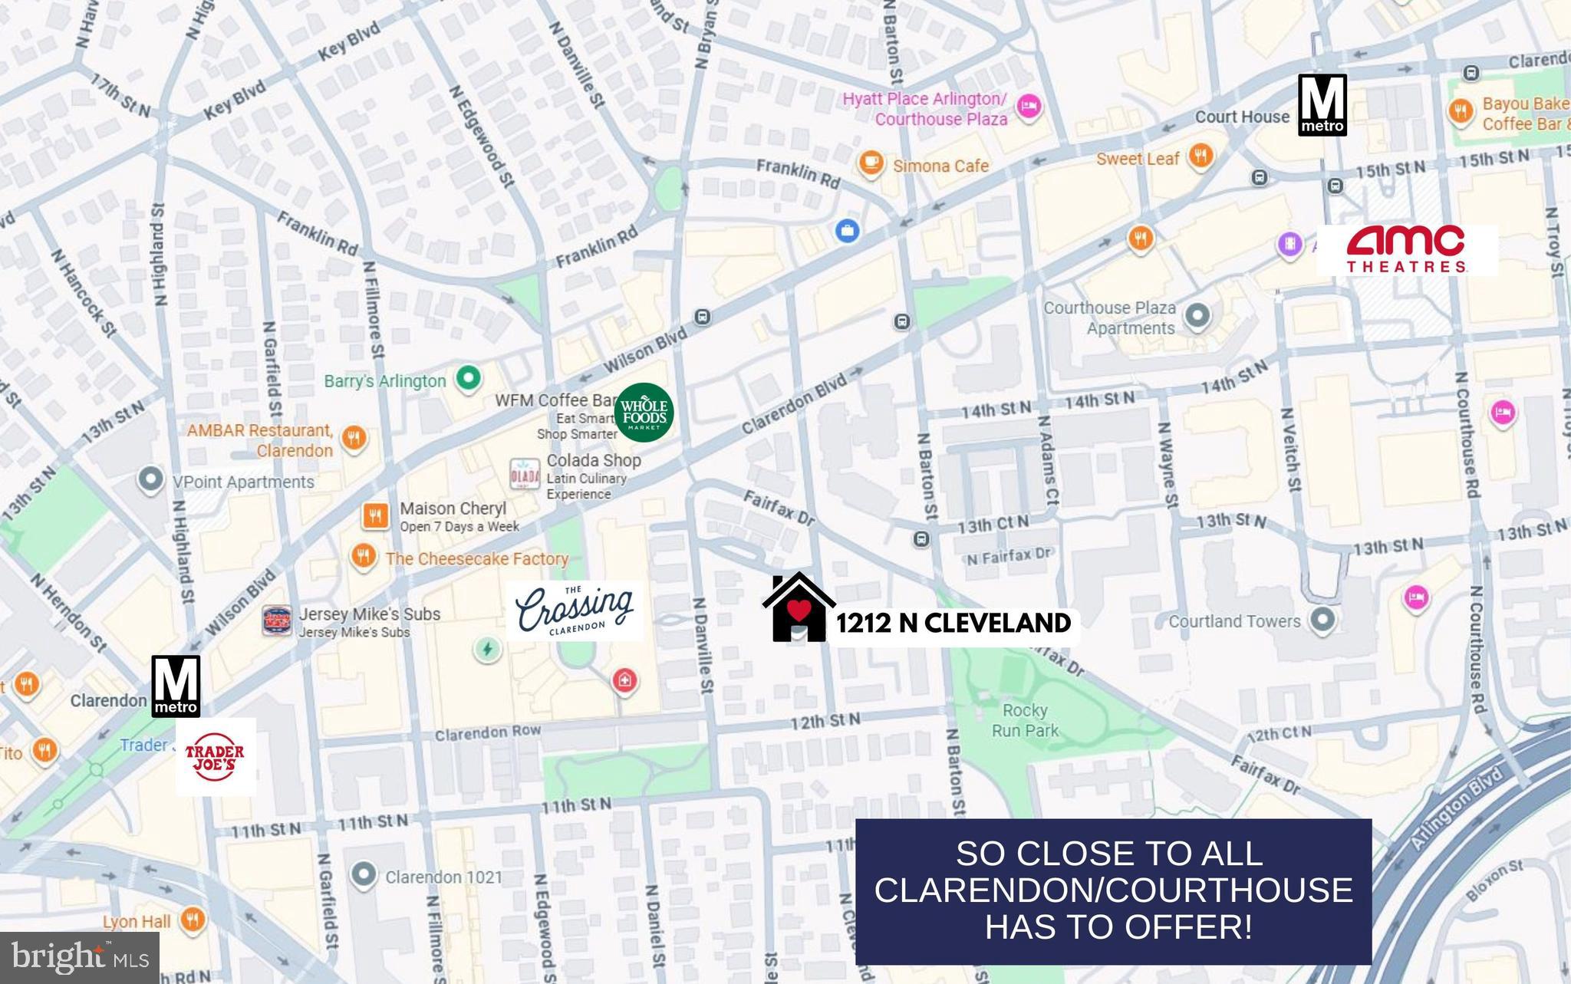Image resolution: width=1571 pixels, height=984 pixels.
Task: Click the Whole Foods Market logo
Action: click(644, 413)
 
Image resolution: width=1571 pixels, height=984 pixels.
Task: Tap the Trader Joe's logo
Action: click(216, 757)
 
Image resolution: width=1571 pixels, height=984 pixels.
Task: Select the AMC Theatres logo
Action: click(1406, 250)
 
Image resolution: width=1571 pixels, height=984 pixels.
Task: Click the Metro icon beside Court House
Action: click(1322, 105)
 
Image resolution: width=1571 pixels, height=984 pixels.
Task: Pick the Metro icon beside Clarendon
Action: click(176, 686)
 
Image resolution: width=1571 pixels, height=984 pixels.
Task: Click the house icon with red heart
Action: click(799, 607)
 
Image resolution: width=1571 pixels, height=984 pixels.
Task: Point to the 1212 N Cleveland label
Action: click(953, 624)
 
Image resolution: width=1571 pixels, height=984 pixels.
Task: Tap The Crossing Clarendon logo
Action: click(575, 610)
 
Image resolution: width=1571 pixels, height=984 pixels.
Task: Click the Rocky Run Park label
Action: click(1025, 720)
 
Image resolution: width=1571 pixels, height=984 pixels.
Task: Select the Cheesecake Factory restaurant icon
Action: click(363, 556)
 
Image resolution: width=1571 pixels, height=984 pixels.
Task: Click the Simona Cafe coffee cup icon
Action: click(870, 163)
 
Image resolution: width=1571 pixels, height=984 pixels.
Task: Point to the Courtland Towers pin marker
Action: click(1322, 620)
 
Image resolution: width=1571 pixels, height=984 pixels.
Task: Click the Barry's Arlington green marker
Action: click(469, 377)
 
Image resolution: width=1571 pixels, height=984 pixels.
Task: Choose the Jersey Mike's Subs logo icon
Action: click(277, 620)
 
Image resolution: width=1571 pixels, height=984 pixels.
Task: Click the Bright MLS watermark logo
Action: click(79, 957)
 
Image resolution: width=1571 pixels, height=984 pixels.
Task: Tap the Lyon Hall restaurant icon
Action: click(193, 920)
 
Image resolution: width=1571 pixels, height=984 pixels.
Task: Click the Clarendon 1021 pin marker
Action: click(363, 874)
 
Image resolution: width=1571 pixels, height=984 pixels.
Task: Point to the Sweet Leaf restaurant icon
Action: click(1200, 156)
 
